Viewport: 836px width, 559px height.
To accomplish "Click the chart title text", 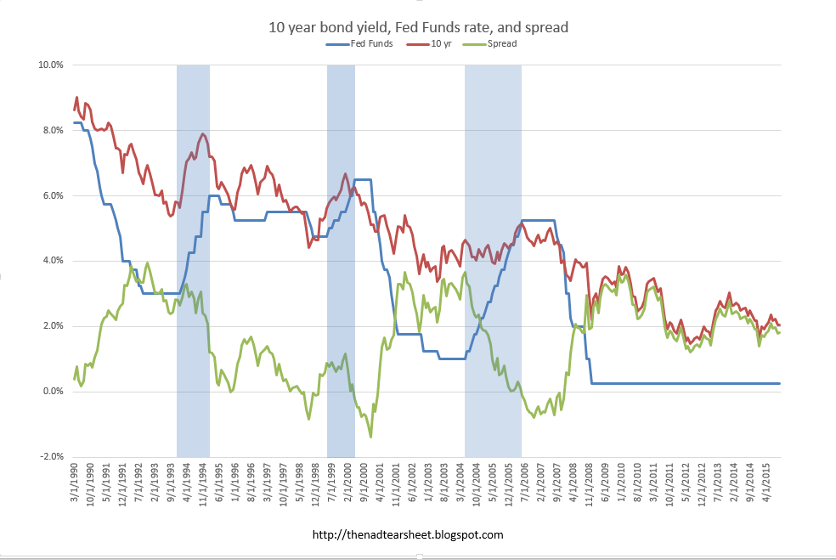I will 418,28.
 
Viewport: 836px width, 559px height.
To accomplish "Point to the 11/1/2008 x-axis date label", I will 588,489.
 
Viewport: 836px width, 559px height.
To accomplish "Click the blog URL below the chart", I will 408,535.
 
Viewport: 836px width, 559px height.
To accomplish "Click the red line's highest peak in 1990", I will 76,98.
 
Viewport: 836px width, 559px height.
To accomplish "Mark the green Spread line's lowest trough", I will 370,436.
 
